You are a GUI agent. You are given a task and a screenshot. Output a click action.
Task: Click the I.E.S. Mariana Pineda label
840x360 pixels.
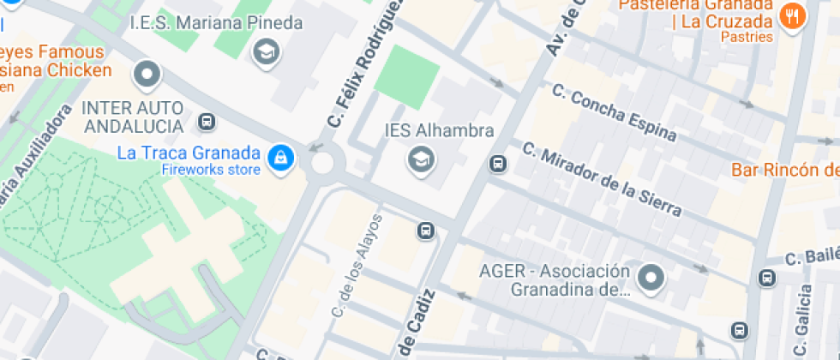pos(216,23)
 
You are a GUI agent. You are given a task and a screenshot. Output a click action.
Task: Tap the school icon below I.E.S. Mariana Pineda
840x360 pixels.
pos(267,53)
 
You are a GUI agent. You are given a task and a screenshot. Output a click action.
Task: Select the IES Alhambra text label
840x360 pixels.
pos(440,131)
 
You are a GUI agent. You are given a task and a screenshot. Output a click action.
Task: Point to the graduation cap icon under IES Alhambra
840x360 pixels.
pos(420,159)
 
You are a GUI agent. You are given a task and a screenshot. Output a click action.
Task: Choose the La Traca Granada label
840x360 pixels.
pos(189,153)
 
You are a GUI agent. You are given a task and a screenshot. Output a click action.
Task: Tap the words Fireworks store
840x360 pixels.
pos(210,169)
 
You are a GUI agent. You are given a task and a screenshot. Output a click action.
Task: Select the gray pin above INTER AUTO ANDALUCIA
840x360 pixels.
pos(147,75)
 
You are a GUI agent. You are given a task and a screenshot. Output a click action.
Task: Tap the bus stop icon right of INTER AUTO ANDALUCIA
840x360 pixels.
pos(207,122)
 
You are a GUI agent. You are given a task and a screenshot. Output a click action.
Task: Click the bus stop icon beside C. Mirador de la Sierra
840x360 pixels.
pos(497,163)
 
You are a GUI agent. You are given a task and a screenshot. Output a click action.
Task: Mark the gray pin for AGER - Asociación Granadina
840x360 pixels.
pos(653,278)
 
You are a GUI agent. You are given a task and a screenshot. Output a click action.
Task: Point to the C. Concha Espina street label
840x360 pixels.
pos(614,112)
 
